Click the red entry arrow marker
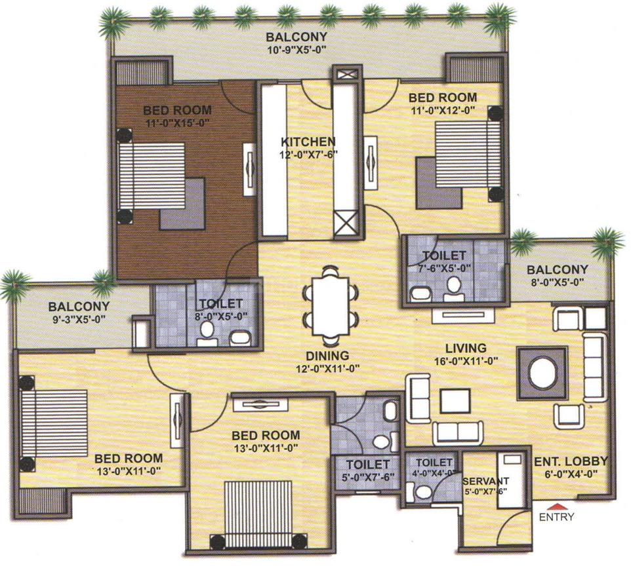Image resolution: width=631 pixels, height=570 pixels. (556, 506)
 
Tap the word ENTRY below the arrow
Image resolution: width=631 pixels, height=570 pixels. (556, 517)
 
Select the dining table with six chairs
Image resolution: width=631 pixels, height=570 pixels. (331, 305)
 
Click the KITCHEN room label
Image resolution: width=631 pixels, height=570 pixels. (308, 142)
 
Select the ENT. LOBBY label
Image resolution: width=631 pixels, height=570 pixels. (570, 461)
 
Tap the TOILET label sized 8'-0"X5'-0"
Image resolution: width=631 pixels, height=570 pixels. (222, 303)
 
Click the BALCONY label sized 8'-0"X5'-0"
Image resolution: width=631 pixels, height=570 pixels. (558, 269)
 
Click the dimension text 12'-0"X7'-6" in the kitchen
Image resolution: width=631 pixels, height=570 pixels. (308, 155)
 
